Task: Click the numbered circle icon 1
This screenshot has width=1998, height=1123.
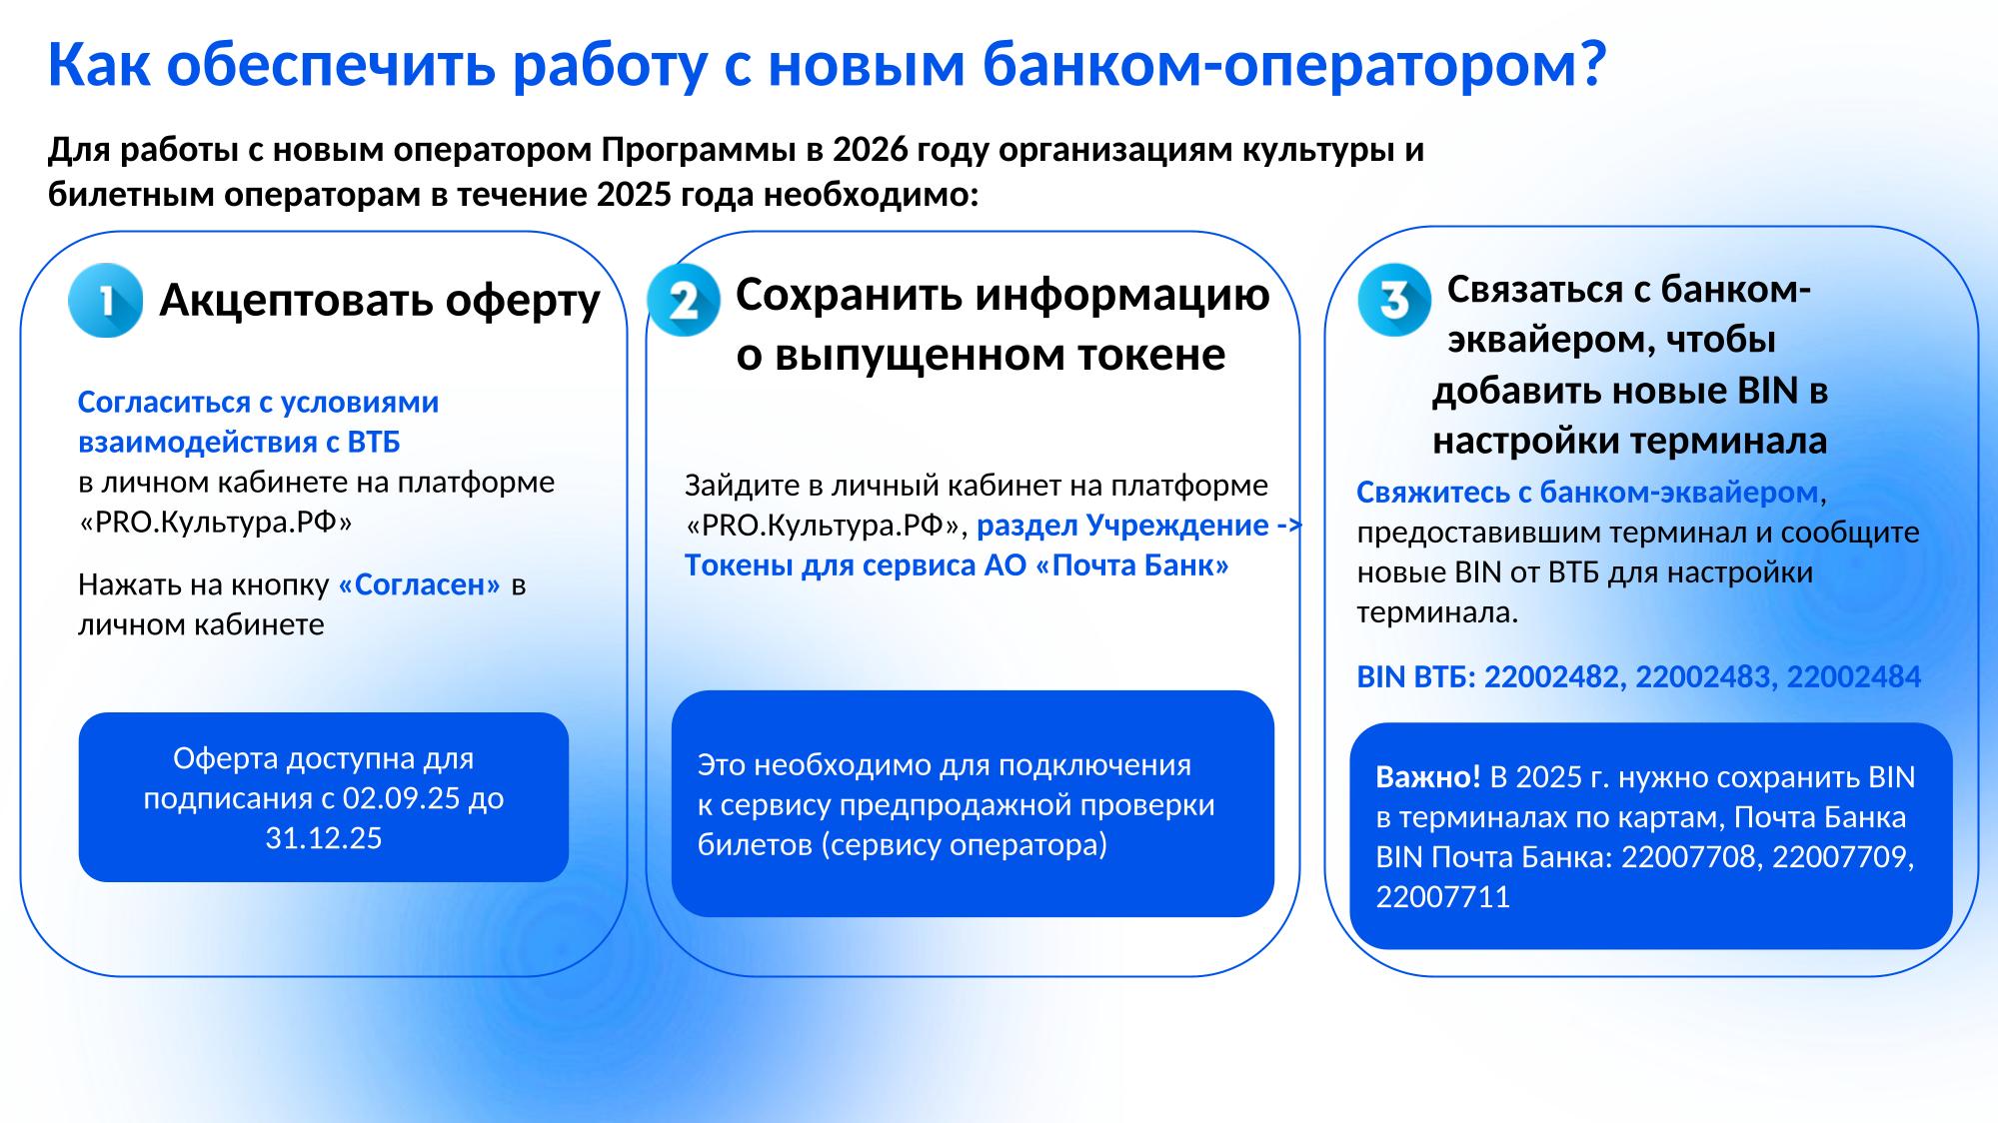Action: click(105, 300)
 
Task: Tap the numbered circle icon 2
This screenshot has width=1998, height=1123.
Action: click(684, 300)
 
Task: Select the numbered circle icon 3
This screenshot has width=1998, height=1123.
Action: click(1394, 300)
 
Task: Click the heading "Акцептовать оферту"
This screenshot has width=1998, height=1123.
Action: click(380, 299)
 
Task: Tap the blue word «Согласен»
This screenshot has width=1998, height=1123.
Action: click(420, 584)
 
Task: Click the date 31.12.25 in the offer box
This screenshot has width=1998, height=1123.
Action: click(324, 837)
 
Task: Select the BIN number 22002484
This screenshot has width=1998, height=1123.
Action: click(1854, 677)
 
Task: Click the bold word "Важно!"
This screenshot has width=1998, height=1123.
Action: click(1428, 777)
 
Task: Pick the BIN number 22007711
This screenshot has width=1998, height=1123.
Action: click(1443, 897)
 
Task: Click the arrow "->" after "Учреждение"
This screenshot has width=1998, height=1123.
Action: click(1290, 527)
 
